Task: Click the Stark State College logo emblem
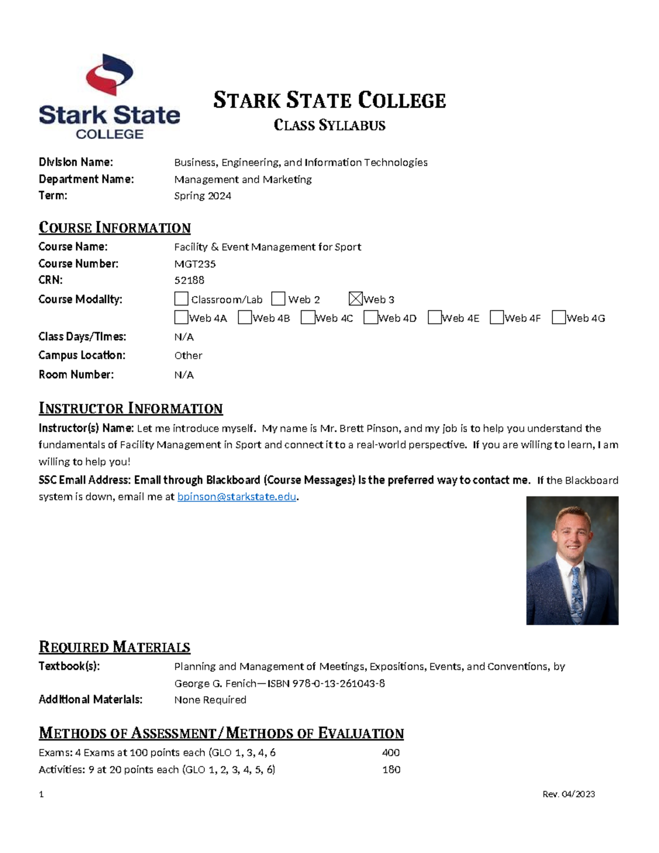110,75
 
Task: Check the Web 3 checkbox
356,299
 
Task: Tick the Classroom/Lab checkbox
181,299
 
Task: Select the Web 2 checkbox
278,299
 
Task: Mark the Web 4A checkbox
181,317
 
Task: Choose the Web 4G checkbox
559,317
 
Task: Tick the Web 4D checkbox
371,317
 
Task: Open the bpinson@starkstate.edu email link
237,497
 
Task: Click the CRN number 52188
189,280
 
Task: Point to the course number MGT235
195,264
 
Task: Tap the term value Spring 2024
203,196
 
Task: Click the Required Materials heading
114,647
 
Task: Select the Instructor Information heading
131,408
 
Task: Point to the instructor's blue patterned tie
576,593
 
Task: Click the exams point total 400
391,752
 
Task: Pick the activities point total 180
391,770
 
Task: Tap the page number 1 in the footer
41,794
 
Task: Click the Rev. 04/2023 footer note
568,794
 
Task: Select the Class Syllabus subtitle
329,126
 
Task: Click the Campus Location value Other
188,355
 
